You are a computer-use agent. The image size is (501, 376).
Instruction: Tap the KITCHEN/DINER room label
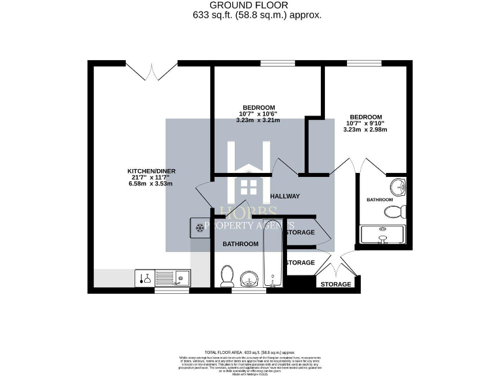pos(151,172)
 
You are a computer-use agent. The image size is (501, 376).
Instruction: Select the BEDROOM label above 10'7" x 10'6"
pos(259,107)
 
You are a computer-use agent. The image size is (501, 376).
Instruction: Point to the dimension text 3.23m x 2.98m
pos(365,129)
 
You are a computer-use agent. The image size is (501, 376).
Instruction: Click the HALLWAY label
pos(284,196)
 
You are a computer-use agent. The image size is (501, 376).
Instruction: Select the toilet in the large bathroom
pos(228,276)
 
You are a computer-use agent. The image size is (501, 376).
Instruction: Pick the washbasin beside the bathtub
pos(249,279)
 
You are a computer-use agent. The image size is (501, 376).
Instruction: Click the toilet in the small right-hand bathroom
pos(396,211)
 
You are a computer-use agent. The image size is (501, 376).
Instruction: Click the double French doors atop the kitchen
pos(152,70)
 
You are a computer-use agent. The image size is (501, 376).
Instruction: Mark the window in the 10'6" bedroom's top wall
pos(278,63)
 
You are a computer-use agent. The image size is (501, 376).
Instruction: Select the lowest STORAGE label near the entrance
pos(336,285)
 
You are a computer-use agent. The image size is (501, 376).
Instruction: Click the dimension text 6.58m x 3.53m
pos(151,185)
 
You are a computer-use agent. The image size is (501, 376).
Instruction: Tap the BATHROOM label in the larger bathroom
pos(240,244)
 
